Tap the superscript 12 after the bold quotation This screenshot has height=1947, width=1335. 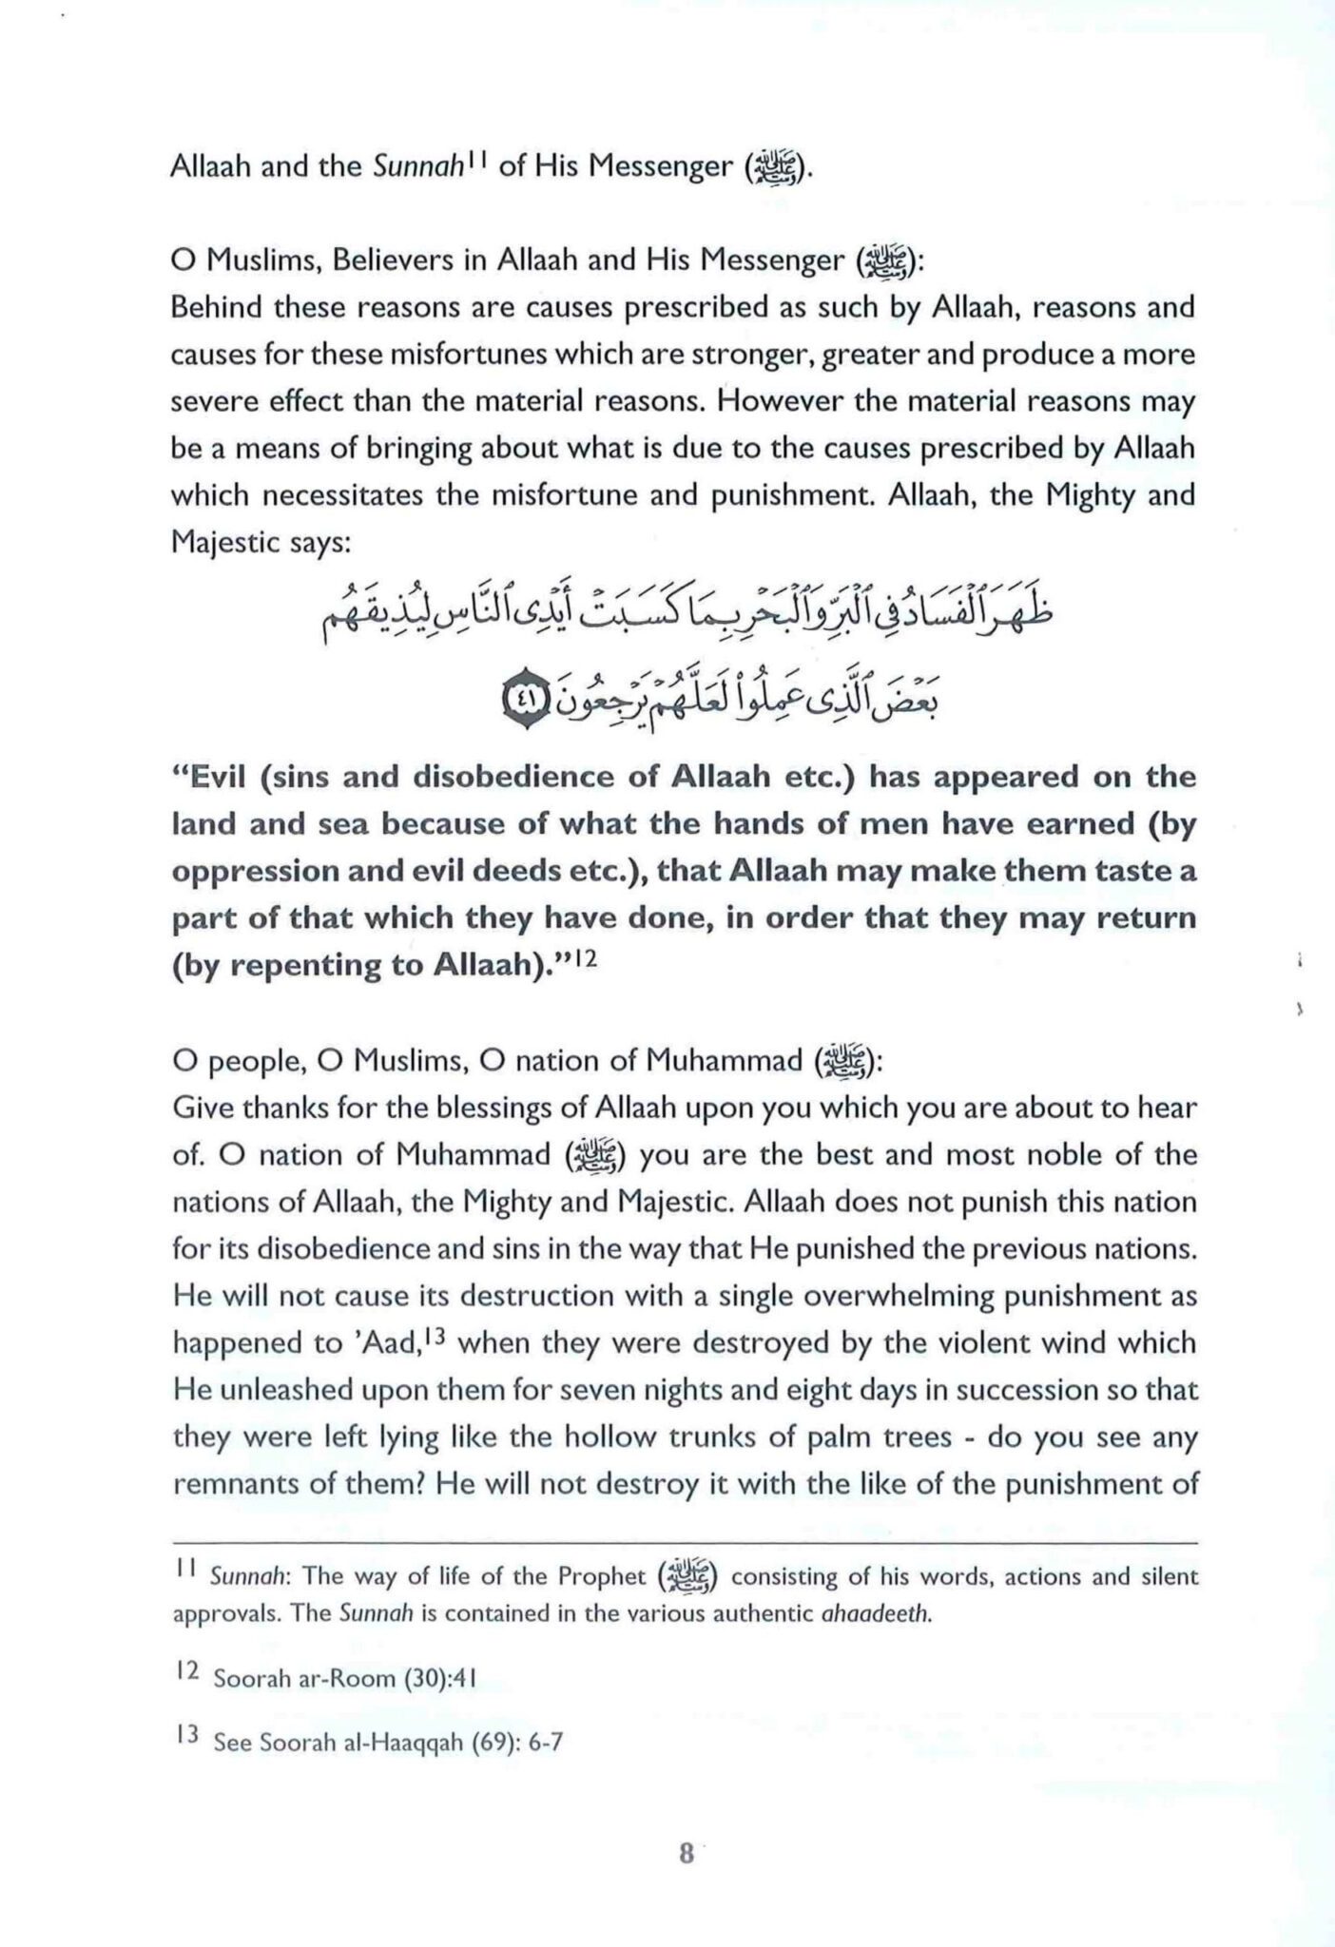coord(584,960)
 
